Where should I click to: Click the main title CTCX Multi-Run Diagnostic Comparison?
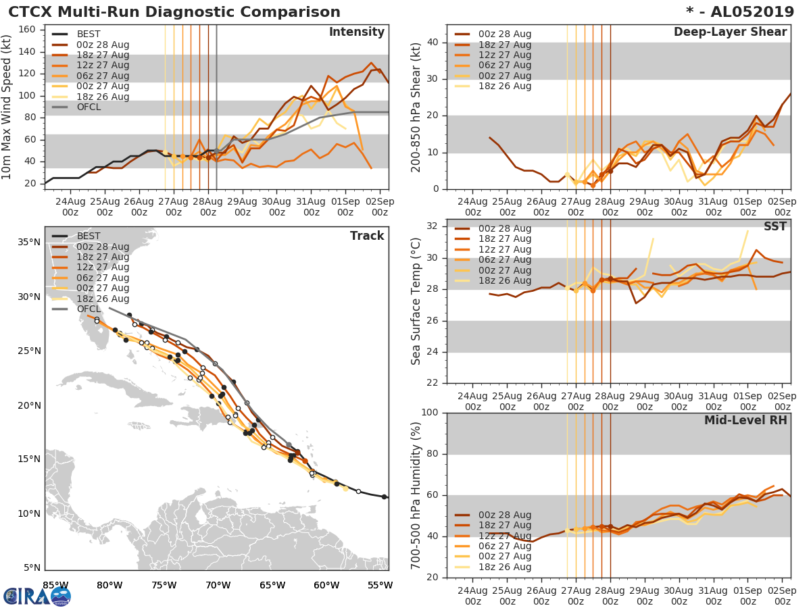174,12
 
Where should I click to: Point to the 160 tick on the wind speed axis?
28,30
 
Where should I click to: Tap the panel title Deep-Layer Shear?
730,32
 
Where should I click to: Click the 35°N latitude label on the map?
28,242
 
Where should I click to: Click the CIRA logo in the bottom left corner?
37,596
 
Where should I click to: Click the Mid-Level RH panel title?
745,420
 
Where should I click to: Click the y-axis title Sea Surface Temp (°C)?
416,301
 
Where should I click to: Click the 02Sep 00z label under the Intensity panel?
380,207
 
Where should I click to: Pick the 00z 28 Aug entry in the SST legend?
504,228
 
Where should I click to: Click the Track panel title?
367,236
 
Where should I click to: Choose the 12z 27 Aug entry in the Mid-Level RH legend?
504,536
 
